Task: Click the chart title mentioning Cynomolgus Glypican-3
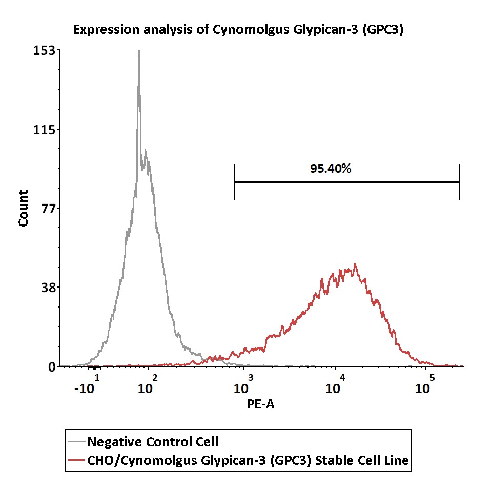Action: click(x=238, y=29)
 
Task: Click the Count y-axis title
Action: click(x=24, y=208)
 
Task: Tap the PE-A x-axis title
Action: click(x=260, y=405)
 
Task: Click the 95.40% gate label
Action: click(x=331, y=168)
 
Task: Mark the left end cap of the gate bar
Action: click(x=234, y=182)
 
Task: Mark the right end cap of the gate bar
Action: click(x=459, y=182)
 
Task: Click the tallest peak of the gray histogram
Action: click(x=138, y=51)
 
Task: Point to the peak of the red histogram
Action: click(x=354, y=264)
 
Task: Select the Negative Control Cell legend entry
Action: click(x=153, y=441)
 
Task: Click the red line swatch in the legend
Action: click(x=76, y=461)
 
